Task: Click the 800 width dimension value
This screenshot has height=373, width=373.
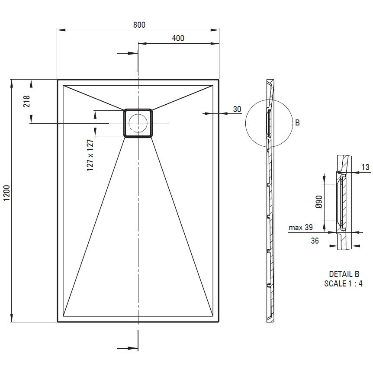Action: (x=139, y=25)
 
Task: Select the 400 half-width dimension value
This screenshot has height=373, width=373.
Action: (x=178, y=38)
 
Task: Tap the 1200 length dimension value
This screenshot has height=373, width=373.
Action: (x=6, y=193)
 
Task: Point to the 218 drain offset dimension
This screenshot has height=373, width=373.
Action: (x=27, y=101)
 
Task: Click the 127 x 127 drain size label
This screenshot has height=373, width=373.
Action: (x=90, y=155)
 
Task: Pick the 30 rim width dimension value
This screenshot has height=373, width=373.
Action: (x=237, y=109)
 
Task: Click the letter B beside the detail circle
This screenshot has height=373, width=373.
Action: (x=297, y=122)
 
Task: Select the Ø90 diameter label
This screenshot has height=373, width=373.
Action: (x=319, y=202)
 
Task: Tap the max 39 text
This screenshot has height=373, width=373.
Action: (x=301, y=228)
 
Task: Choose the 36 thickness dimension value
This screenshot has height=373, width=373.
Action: (x=315, y=241)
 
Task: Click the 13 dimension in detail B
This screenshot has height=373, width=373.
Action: (x=365, y=167)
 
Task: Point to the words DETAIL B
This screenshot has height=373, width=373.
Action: (x=344, y=274)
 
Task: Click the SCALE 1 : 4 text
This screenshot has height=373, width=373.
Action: (x=343, y=283)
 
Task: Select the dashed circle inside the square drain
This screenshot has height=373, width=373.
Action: (x=138, y=123)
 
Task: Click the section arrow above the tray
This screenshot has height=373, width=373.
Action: (x=128, y=53)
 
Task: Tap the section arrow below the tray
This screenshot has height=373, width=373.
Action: (x=128, y=348)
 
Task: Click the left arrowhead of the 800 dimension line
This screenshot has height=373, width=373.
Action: (x=61, y=30)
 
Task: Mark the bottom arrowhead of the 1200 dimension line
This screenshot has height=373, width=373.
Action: (x=11, y=318)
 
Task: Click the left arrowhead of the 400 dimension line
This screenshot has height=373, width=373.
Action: (x=142, y=44)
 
